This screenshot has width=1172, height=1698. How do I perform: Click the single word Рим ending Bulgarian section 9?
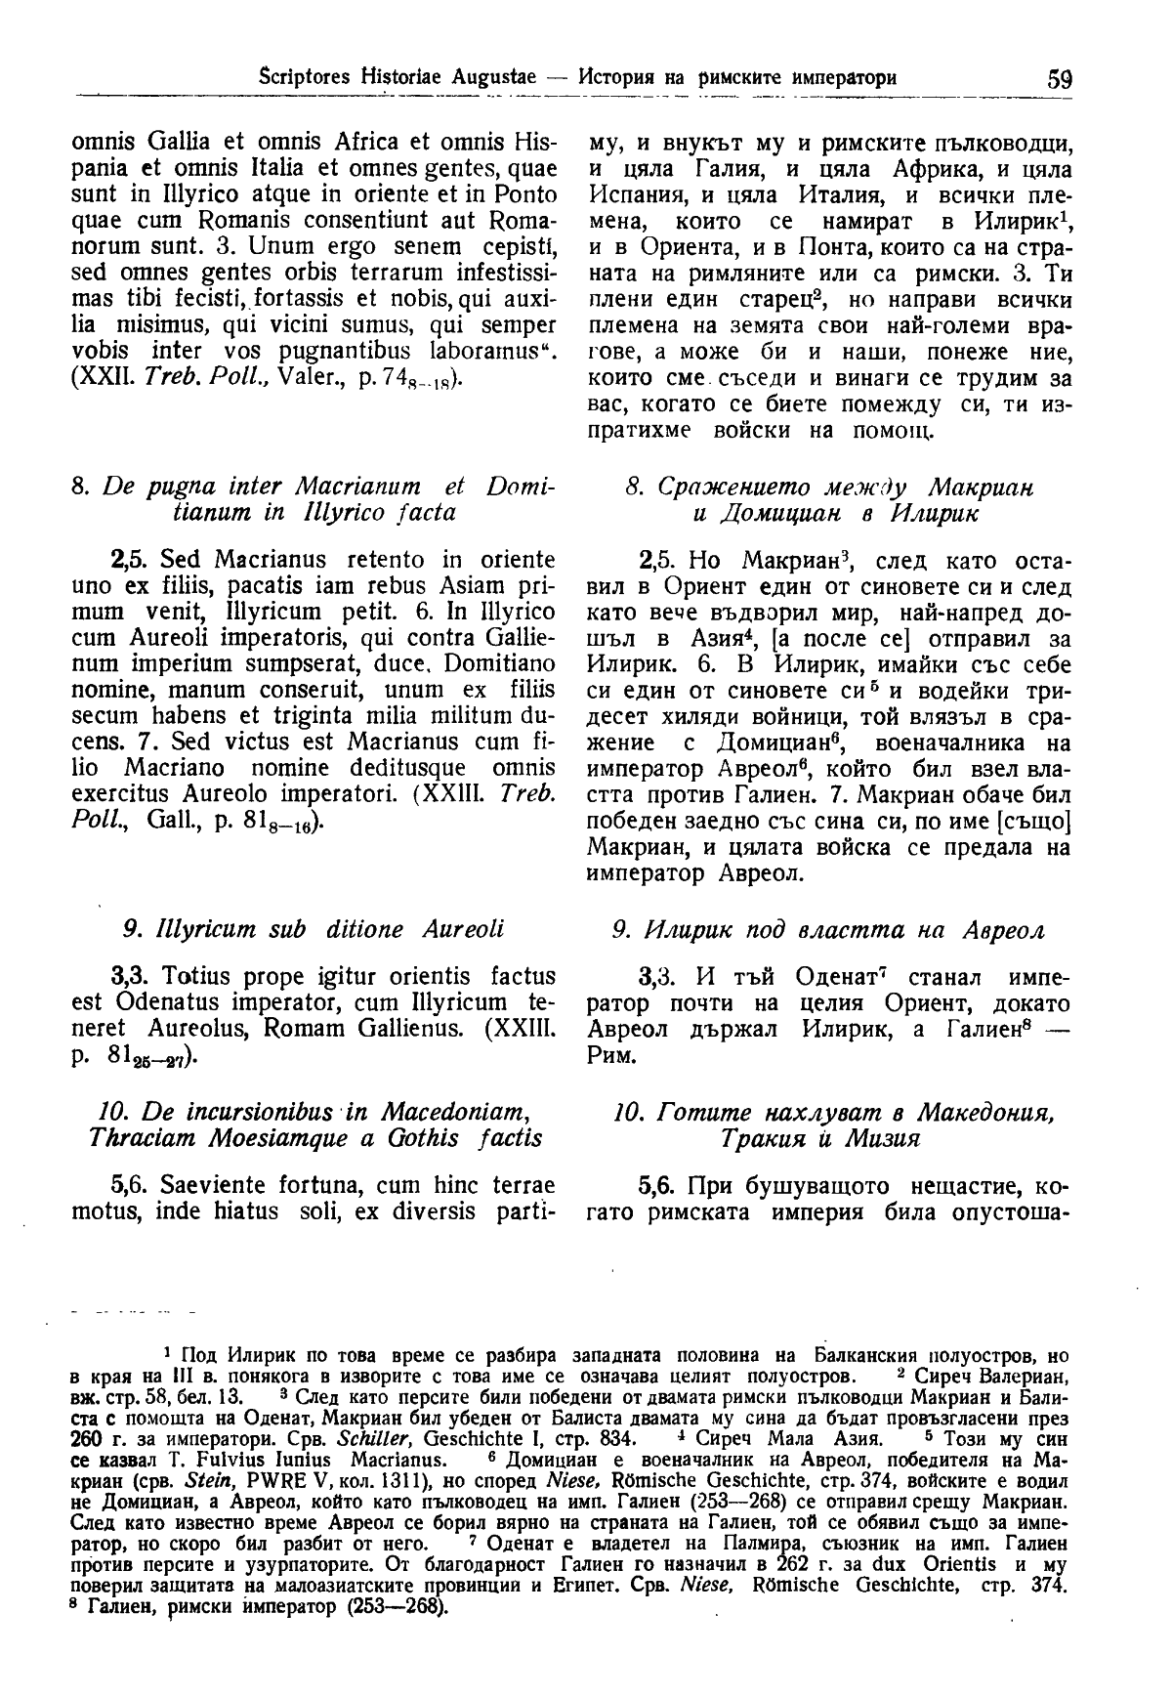pyautogui.click(x=611, y=1056)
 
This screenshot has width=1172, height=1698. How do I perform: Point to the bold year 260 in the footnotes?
pyautogui.click(x=88, y=1438)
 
